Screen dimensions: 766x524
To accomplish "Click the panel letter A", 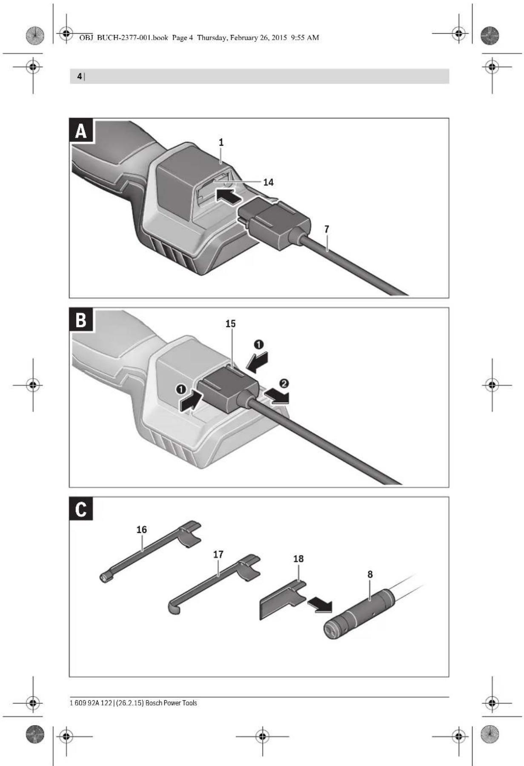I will point(81,131).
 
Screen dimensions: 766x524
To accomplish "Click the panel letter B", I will point(81,320).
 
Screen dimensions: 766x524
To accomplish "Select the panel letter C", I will point(81,509).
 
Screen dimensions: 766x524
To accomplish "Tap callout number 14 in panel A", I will point(268,182).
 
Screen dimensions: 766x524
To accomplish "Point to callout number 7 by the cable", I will point(326,229).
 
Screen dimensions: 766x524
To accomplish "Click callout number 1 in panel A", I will point(221,142).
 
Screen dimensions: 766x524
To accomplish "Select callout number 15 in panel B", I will point(230,324).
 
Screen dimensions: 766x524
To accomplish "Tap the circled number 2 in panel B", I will point(284,384).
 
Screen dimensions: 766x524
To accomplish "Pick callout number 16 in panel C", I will point(141,530).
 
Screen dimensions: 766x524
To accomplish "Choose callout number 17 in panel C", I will point(218,554).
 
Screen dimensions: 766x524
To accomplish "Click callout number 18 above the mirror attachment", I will point(298,559).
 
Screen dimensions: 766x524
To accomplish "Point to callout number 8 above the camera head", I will point(370,574).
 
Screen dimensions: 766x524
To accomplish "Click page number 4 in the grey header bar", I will point(79,77).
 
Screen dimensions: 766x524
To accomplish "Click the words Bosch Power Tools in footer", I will point(171,703).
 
